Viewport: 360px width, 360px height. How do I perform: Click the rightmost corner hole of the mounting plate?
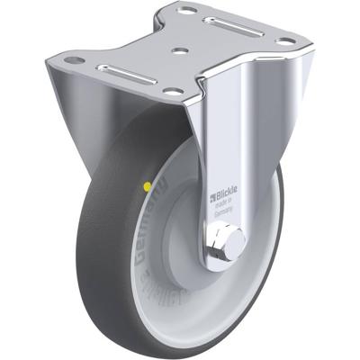click(x=286, y=40)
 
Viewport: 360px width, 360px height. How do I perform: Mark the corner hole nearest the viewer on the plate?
click(x=172, y=91)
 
